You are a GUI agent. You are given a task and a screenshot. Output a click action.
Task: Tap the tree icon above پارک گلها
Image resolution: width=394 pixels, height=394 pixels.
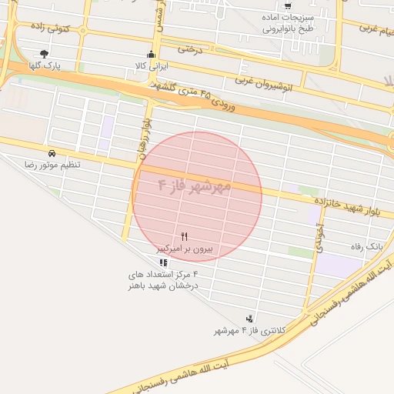(x=45, y=54)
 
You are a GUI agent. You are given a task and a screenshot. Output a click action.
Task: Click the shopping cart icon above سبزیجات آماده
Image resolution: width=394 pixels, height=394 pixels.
(x=288, y=5)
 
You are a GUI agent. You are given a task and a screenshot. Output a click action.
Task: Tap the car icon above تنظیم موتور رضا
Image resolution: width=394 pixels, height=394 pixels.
(x=51, y=153)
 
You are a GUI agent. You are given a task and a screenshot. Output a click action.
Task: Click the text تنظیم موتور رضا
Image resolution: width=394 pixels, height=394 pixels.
(x=52, y=165)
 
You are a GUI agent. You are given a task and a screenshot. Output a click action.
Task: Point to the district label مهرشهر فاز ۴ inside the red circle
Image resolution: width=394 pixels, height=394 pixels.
(x=195, y=186)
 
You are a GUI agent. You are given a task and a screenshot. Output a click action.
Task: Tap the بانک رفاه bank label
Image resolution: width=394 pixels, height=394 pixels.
(x=366, y=247)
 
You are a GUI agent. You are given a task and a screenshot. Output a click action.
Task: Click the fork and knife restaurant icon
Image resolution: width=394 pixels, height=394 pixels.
(x=184, y=235)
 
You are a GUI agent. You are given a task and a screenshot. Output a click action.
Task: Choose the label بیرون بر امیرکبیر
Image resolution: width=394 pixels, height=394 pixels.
(x=185, y=249)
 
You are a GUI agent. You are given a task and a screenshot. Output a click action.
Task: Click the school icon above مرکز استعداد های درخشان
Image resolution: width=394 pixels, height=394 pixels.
(x=162, y=262)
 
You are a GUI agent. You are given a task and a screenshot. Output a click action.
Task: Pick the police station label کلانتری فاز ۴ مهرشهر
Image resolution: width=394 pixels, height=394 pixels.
(x=250, y=330)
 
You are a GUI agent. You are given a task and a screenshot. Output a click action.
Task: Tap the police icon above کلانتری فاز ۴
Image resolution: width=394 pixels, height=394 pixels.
(x=250, y=317)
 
